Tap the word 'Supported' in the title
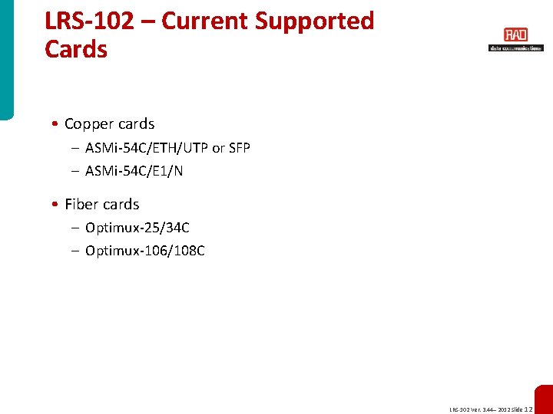pyautogui.click(x=315, y=21)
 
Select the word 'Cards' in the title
pyautogui.click(x=76, y=49)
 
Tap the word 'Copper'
pyautogui.click(x=88, y=124)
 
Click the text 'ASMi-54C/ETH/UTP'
pyautogui.click(x=146, y=148)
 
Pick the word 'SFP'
pyautogui.click(x=240, y=148)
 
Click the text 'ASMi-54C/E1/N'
pyautogui.click(x=134, y=171)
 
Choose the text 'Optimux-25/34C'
pyautogui.click(x=137, y=228)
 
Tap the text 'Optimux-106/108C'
pyautogui.click(x=144, y=251)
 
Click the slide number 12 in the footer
pyautogui.click(x=528, y=409)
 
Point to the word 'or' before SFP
pyautogui.click(x=218, y=148)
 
